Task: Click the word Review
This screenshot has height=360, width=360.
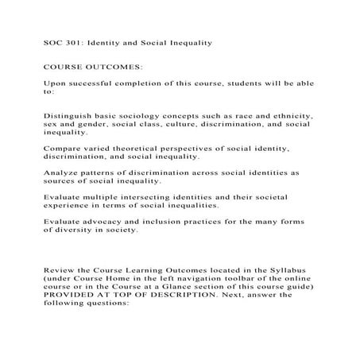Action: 60,271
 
